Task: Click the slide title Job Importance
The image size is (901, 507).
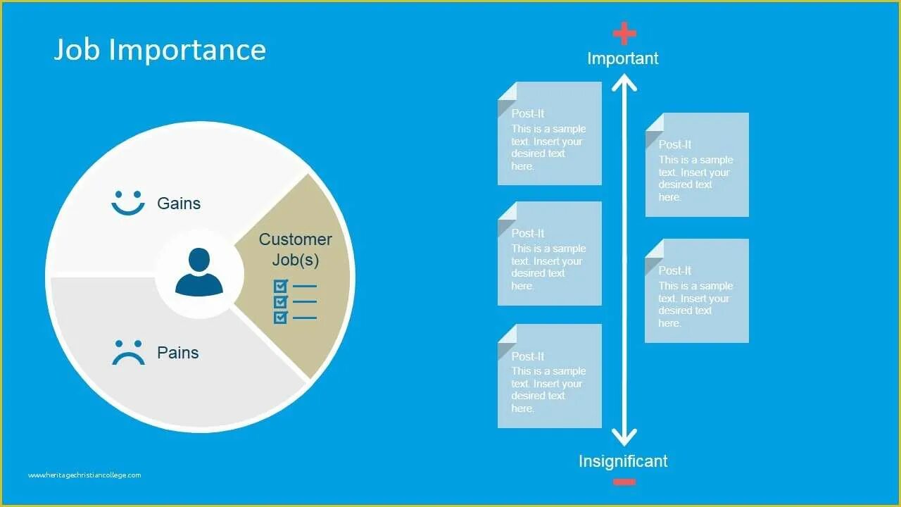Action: (160, 50)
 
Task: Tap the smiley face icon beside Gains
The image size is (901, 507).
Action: (127, 203)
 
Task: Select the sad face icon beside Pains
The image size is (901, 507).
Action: (128, 353)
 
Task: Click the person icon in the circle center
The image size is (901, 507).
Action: (199, 272)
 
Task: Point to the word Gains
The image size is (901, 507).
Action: (179, 204)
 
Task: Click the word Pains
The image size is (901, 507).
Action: (178, 353)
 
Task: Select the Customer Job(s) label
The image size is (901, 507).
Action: (295, 249)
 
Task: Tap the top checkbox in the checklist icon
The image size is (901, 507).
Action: (281, 286)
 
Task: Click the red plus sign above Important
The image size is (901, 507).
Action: (624, 33)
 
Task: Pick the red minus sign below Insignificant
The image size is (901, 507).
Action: (624, 482)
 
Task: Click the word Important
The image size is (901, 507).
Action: (623, 58)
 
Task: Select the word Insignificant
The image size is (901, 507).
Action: (623, 461)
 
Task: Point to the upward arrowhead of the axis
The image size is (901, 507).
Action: (624, 83)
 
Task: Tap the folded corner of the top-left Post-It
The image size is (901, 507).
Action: (507, 92)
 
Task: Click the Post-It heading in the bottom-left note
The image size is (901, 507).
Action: (528, 356)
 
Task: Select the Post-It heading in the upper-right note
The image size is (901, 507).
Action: (675, 144)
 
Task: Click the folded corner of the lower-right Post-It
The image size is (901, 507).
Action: (654, 249)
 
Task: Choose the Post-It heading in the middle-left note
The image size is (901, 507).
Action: (528, 233)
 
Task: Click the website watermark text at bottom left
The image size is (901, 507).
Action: (84, 475)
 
